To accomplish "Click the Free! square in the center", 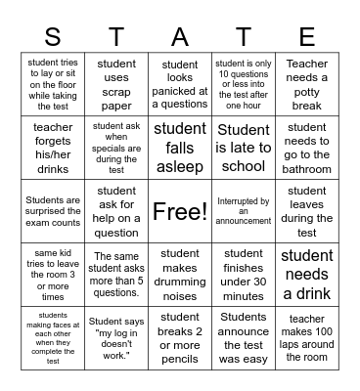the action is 180,211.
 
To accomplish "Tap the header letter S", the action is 53,37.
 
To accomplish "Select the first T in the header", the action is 116,37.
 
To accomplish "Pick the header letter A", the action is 180,37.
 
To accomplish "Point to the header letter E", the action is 307,37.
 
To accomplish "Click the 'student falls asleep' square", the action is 180,148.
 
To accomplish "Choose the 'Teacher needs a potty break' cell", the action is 307,84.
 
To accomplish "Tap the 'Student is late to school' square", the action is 244,148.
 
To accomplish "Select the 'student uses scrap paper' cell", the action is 116,84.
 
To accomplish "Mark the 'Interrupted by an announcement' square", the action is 244,211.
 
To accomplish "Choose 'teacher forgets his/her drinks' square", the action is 53,148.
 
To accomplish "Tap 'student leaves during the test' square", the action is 307,211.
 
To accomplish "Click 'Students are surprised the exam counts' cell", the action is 53,211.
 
